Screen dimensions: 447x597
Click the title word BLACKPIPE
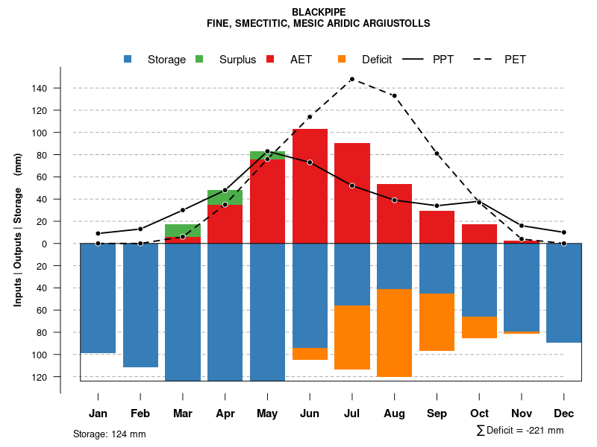[x=319, y=13]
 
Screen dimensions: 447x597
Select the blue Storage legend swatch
[x=129, y=60]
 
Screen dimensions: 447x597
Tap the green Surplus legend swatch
[x=200, y=60]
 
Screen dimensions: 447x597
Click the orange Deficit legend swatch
[x=343, y=60]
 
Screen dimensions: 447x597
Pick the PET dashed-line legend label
[x=515, y=60]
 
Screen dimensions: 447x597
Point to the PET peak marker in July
[x=351, y=79]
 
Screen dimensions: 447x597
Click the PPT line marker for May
[x=267, y=151]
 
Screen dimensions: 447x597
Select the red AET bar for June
[x=310, y=186]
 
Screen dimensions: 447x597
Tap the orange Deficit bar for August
[x=394, y=332]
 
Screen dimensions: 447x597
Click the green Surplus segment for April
[x=225, y=197]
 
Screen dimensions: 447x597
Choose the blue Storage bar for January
[x=98, y=298]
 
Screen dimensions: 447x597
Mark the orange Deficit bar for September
[x=437, y=322]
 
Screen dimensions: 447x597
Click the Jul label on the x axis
[x=351, y=413]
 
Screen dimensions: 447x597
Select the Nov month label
[x=521, y=413]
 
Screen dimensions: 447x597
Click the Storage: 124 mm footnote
[x=109, y=434]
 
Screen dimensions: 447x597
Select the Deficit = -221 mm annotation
[x=520, y=431]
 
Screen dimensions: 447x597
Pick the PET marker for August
[x=394, y=95]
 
